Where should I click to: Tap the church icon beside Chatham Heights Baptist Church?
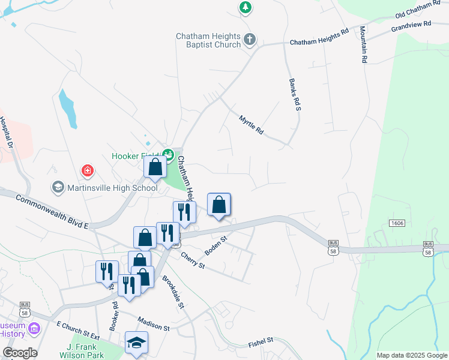click(x=250, y=41)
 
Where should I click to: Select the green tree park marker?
click(x=245, y=7)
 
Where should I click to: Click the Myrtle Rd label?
click(x=252, y=125)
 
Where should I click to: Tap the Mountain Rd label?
click(x=364, y=45)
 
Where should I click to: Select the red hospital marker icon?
click(x=88, y=170)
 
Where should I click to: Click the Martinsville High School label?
click(x=112, y=188)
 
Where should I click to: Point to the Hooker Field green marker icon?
click(x=169, y=155)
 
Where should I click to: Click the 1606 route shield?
click(x=396, y=223)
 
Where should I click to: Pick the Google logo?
click(x=20, y=352)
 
